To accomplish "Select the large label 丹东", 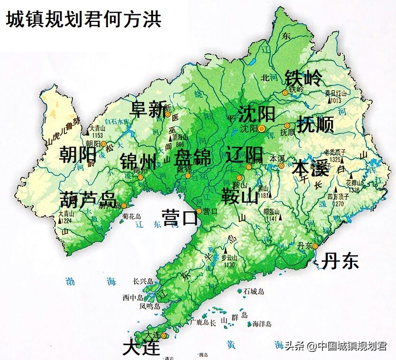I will tap(340, 261).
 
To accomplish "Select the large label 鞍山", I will tap(240, 195).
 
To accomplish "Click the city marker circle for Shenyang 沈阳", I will tap(261, 128).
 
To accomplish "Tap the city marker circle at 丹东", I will tap(315, 246).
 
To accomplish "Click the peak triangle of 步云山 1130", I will tap(226, 250).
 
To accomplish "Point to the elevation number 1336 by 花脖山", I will tap(354, 191).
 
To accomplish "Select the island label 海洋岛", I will tap(262, 324).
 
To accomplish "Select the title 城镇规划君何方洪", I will tap(84, 20).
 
